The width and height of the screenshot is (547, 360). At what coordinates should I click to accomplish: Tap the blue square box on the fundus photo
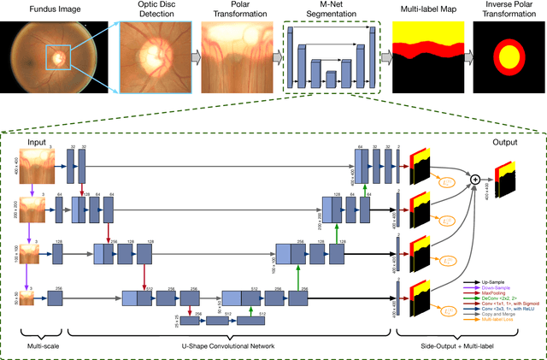pos(58,58)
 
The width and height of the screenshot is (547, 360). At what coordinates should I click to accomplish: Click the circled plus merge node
pos(475,179)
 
